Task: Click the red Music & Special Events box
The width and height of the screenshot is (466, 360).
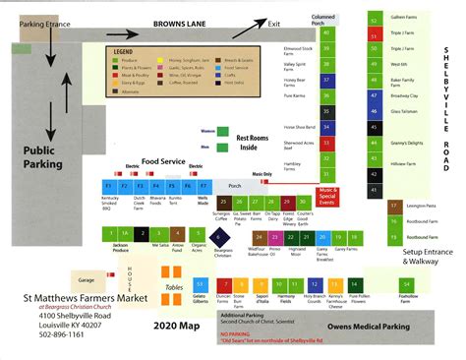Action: coord(327,196)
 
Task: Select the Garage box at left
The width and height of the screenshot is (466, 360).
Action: coord(87,279)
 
